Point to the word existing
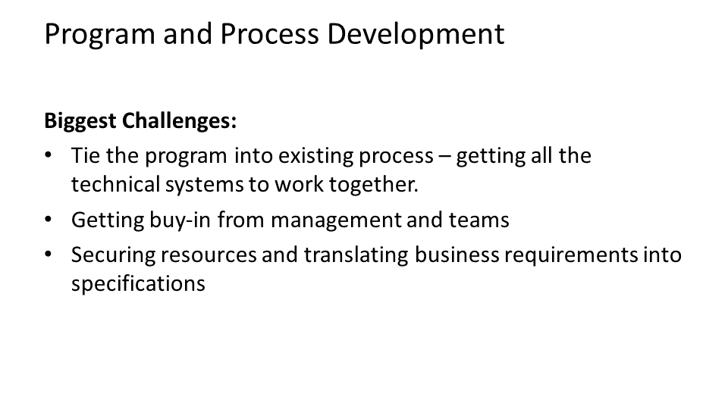(302, 156)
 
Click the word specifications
(138, 284)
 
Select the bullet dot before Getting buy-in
(49, 220)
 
